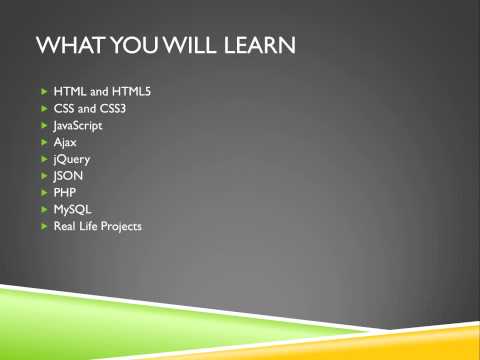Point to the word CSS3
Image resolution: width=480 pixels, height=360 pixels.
point(104,109)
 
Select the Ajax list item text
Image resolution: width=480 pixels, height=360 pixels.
point(65,143)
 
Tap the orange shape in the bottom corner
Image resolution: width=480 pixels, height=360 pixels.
point(440,345)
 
